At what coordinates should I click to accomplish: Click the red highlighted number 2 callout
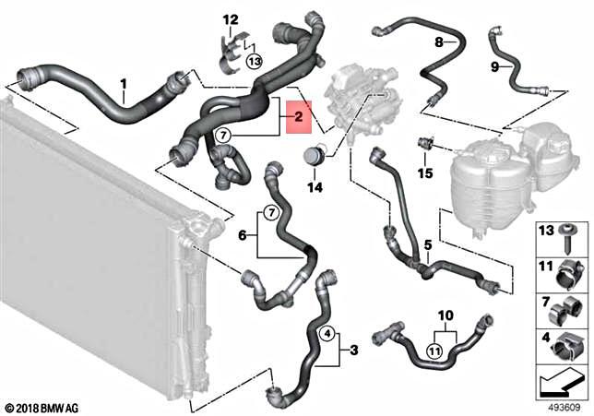[x=298, y=118]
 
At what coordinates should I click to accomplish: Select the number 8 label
[x=440, y=42]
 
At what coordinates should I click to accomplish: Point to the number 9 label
[x=495, y=66]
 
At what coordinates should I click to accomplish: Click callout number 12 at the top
[x=230, y=19]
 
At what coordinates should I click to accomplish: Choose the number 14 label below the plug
[x=315, y=188]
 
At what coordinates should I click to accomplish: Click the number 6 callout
[x=243, y=236]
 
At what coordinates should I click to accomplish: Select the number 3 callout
[x=355, y=350]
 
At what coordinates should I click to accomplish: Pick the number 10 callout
[x=445, y=315]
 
